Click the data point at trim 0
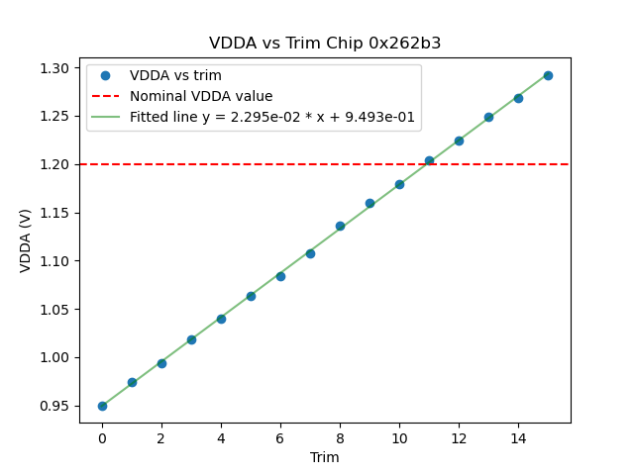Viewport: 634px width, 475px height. [x=102, y=406]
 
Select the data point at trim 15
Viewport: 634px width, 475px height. [x=548, y=75]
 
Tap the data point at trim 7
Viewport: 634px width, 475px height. [x=310, y=253]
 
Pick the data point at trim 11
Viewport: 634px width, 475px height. [x=429, y=160]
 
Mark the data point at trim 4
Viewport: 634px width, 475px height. [x=221, y=319]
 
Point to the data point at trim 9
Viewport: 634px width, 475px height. [x=370, y=203]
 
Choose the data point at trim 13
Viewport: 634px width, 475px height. [x=488, y=117]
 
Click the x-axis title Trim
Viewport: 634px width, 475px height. [x=325, y=457]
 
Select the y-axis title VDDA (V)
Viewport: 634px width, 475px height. [x=26, y=240]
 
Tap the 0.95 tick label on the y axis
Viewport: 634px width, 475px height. [x=54, y=406]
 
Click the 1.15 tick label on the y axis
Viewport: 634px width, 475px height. [x=54, y=213]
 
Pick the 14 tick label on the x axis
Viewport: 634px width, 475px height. [x=518, y=436]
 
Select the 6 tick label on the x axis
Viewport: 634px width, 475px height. [x=280, y=436]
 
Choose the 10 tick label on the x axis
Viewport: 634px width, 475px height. [x=399, y=436]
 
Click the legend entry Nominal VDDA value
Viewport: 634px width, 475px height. [x=201, y=96]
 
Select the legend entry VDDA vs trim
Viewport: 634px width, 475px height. [x=175, y=76]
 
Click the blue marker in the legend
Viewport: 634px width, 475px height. [x=110, y=76]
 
